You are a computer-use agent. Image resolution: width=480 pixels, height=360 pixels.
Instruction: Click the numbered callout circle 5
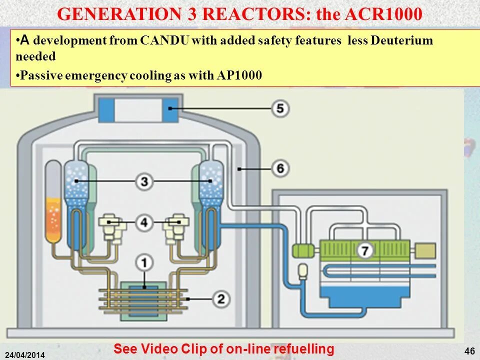(280, 108)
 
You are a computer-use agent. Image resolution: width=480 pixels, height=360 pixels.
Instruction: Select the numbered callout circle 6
(280, 169)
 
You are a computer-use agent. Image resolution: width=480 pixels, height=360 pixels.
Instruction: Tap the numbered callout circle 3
(144, 181)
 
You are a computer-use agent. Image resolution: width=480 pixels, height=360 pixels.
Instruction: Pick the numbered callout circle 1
(144, 261)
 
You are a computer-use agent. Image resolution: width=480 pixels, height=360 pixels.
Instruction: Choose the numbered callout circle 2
(220, 299)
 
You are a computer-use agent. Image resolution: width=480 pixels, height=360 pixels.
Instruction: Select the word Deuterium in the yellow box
(402, 41)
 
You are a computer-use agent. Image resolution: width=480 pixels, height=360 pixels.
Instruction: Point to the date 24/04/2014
(25, 355)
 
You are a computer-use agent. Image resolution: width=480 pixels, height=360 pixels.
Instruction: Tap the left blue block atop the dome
(106, 110)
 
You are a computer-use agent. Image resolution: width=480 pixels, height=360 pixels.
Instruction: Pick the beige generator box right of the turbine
(425, 250)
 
